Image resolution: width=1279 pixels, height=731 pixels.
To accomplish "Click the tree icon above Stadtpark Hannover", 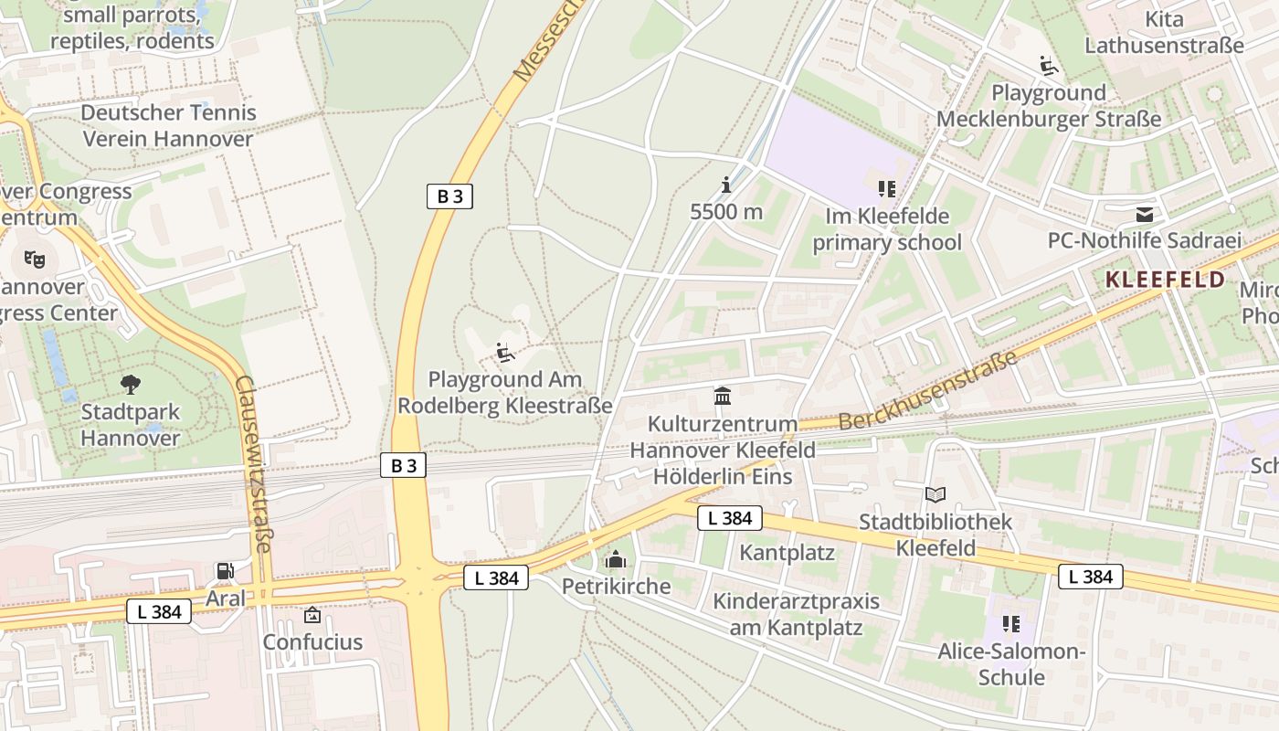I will tap(131, 385).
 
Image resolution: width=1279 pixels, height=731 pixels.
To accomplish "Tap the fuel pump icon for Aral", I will tap(225, 571).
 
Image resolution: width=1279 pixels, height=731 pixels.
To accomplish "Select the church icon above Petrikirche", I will tap(617, 558).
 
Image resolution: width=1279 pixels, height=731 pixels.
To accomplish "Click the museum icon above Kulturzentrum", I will tap(723, 396).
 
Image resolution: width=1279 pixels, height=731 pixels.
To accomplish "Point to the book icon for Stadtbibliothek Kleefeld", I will tap(935, 494).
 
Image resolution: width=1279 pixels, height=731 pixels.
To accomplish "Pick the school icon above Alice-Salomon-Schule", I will tap(1010, 624).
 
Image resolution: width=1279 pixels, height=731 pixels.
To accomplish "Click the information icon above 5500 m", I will tap(726, 185).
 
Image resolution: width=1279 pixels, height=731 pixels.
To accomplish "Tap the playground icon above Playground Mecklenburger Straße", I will tap(1049, 66).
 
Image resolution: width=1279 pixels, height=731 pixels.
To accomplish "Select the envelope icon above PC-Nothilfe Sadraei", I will tap(1144, 215).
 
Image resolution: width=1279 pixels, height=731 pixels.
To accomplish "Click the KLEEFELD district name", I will tap(1165, 280).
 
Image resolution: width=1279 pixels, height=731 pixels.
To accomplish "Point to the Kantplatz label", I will tap(787, 553).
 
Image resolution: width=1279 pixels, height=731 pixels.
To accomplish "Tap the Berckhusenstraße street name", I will tap(927, 391).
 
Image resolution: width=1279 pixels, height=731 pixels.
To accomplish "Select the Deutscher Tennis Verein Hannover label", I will tap(168, 125).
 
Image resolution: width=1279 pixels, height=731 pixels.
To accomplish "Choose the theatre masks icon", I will tap(35, 259).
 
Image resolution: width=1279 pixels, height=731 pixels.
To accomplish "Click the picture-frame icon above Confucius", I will tap(312, 615).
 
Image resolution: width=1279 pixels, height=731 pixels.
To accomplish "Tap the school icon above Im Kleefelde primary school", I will tap(886, 189).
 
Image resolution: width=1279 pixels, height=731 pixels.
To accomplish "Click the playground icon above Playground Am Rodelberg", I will tap(505, 352).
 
